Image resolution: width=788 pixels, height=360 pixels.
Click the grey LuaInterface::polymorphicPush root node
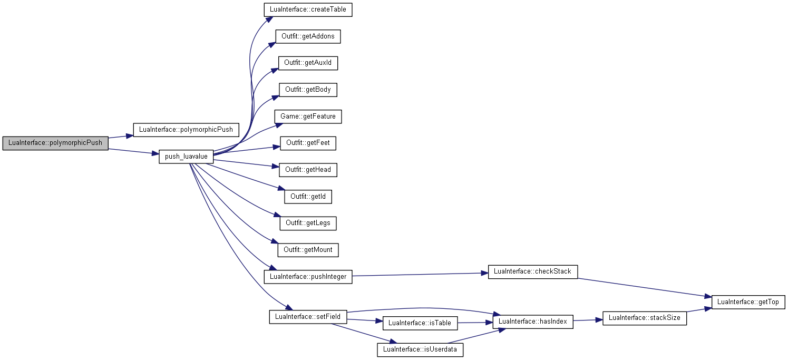(x=55, y=143)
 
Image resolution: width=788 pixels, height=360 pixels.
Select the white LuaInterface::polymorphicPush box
(x=186, y=130)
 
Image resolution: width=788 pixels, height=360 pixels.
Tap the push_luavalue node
(x=186, y=157)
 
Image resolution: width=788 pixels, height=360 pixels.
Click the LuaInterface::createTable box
(x=308, y=9)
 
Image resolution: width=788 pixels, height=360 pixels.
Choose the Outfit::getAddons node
(x=308, y=36)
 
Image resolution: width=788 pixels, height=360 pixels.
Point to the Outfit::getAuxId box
(x=308, y=63)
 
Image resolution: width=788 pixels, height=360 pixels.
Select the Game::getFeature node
(x=308, y=116)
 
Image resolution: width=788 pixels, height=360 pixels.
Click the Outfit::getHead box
(x=308, y=170)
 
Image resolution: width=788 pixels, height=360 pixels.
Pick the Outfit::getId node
(x=308, y=197)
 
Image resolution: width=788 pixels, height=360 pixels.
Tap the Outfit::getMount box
(x=308, y=250)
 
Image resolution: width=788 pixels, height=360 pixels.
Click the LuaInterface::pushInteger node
(x=308, y=277)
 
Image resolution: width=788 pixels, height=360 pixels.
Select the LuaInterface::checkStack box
(x=532, y=271)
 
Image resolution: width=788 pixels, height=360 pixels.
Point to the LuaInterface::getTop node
(x=748, y=303)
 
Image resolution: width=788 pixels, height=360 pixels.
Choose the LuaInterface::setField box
(x=308, y=317)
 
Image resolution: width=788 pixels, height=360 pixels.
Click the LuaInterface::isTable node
(x=420, y=324)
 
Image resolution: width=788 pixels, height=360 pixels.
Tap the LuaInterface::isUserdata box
(x=420, y=350)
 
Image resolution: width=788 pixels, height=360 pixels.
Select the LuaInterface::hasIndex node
(x=532, y=322)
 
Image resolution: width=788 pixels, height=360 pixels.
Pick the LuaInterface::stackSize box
(x=645, y=318)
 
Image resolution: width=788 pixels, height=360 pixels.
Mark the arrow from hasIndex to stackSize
(x=588, y=320)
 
